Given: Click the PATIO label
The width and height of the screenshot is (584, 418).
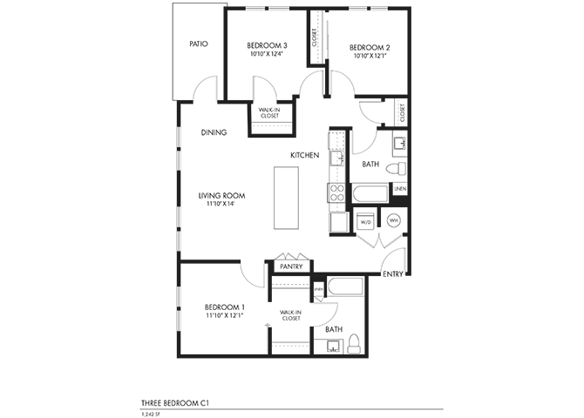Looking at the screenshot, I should coord(198,44).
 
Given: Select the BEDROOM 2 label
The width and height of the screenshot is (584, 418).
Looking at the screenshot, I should coord(369,48).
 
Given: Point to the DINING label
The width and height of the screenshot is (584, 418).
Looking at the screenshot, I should coord(214,132).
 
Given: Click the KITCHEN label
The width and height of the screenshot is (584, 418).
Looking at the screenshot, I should coord(305,155).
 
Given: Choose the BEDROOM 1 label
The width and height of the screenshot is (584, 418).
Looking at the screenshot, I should coord(225,307).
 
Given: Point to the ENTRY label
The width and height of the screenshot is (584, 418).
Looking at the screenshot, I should coord(392,274).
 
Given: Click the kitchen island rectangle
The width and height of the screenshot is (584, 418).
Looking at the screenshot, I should coord(285,198).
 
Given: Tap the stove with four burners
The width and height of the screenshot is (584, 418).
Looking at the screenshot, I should coord(336,196).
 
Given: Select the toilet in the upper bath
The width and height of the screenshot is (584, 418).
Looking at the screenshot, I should coord(395,166).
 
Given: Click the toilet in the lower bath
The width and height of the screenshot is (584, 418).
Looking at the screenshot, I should coord(355,346).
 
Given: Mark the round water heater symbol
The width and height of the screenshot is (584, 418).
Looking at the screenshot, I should coord(393,221).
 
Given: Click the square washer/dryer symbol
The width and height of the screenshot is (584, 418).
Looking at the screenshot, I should coord(366,221).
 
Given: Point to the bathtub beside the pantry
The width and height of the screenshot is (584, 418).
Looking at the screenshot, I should coord(346,286).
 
